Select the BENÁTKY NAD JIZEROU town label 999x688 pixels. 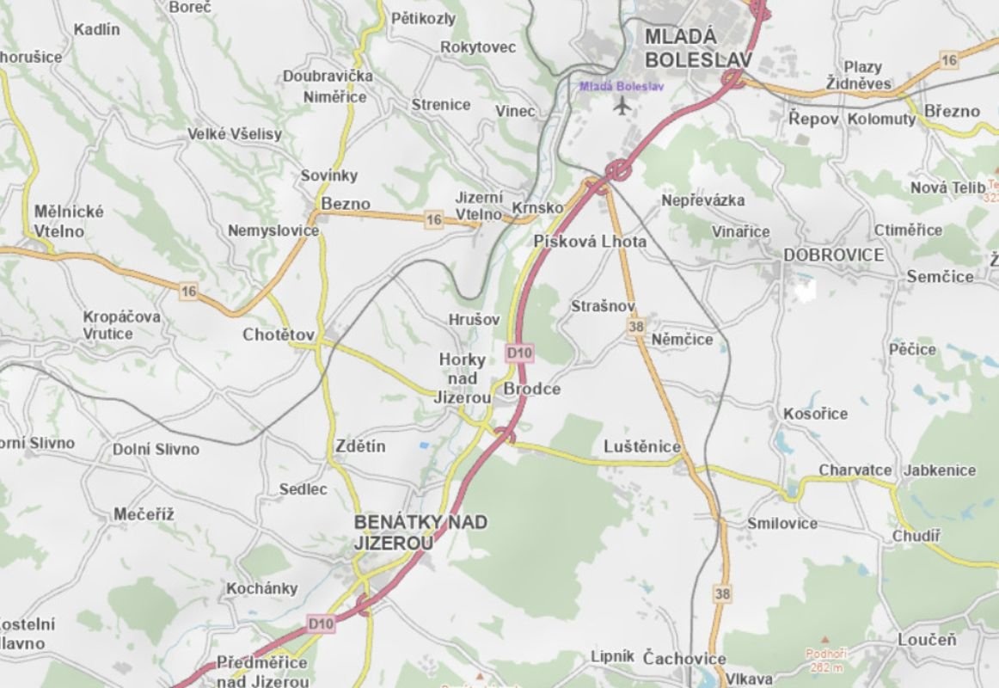[x=420, y=532]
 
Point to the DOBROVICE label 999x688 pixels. [x=833, y=255]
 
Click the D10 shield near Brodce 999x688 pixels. [x=519, y=353]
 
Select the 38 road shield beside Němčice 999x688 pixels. [x=636, y=327]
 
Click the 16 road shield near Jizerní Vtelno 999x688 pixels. [x=434, y=220]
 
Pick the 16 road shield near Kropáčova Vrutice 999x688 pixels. [x=188, y=292]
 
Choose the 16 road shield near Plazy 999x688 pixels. [x=948, y=60]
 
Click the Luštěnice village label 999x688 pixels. [x=642, y=447]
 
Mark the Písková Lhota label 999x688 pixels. [x=590, y=242]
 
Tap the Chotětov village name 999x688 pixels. [x=279, y=335]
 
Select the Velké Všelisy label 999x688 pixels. [x=235, y=134]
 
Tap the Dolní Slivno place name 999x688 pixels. [x=156, y=449]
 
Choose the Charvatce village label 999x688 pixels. [x=855, y=470]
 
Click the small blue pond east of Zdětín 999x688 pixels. [x=424, y=445]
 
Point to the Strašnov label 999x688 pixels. [x=603, y=306]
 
